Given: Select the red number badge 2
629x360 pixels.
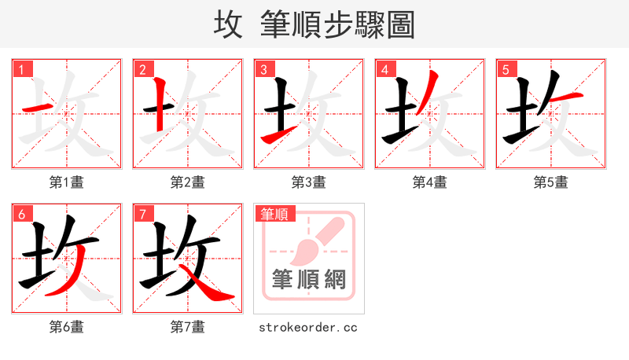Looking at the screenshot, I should click(143, 70).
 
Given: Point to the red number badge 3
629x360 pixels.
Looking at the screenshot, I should click(264, 70).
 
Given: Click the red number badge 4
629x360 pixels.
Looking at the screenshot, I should click(385, 70).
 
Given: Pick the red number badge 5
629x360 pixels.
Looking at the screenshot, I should click(506, 70).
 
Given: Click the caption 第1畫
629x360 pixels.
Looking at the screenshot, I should click(67, 182).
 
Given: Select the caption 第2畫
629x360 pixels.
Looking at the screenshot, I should click(188, 182).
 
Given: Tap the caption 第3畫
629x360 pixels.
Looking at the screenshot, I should click(309, 182).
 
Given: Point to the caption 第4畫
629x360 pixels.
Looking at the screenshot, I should click(430, 182).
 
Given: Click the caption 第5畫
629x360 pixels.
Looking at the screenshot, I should click(550, 182).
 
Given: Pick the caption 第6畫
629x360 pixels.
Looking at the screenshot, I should click(67, 327).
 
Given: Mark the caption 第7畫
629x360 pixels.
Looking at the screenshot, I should click(188, 327).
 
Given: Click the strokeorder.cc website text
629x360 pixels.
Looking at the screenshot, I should click(308, 327).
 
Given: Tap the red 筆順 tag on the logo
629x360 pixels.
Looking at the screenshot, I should click(274, 214).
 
